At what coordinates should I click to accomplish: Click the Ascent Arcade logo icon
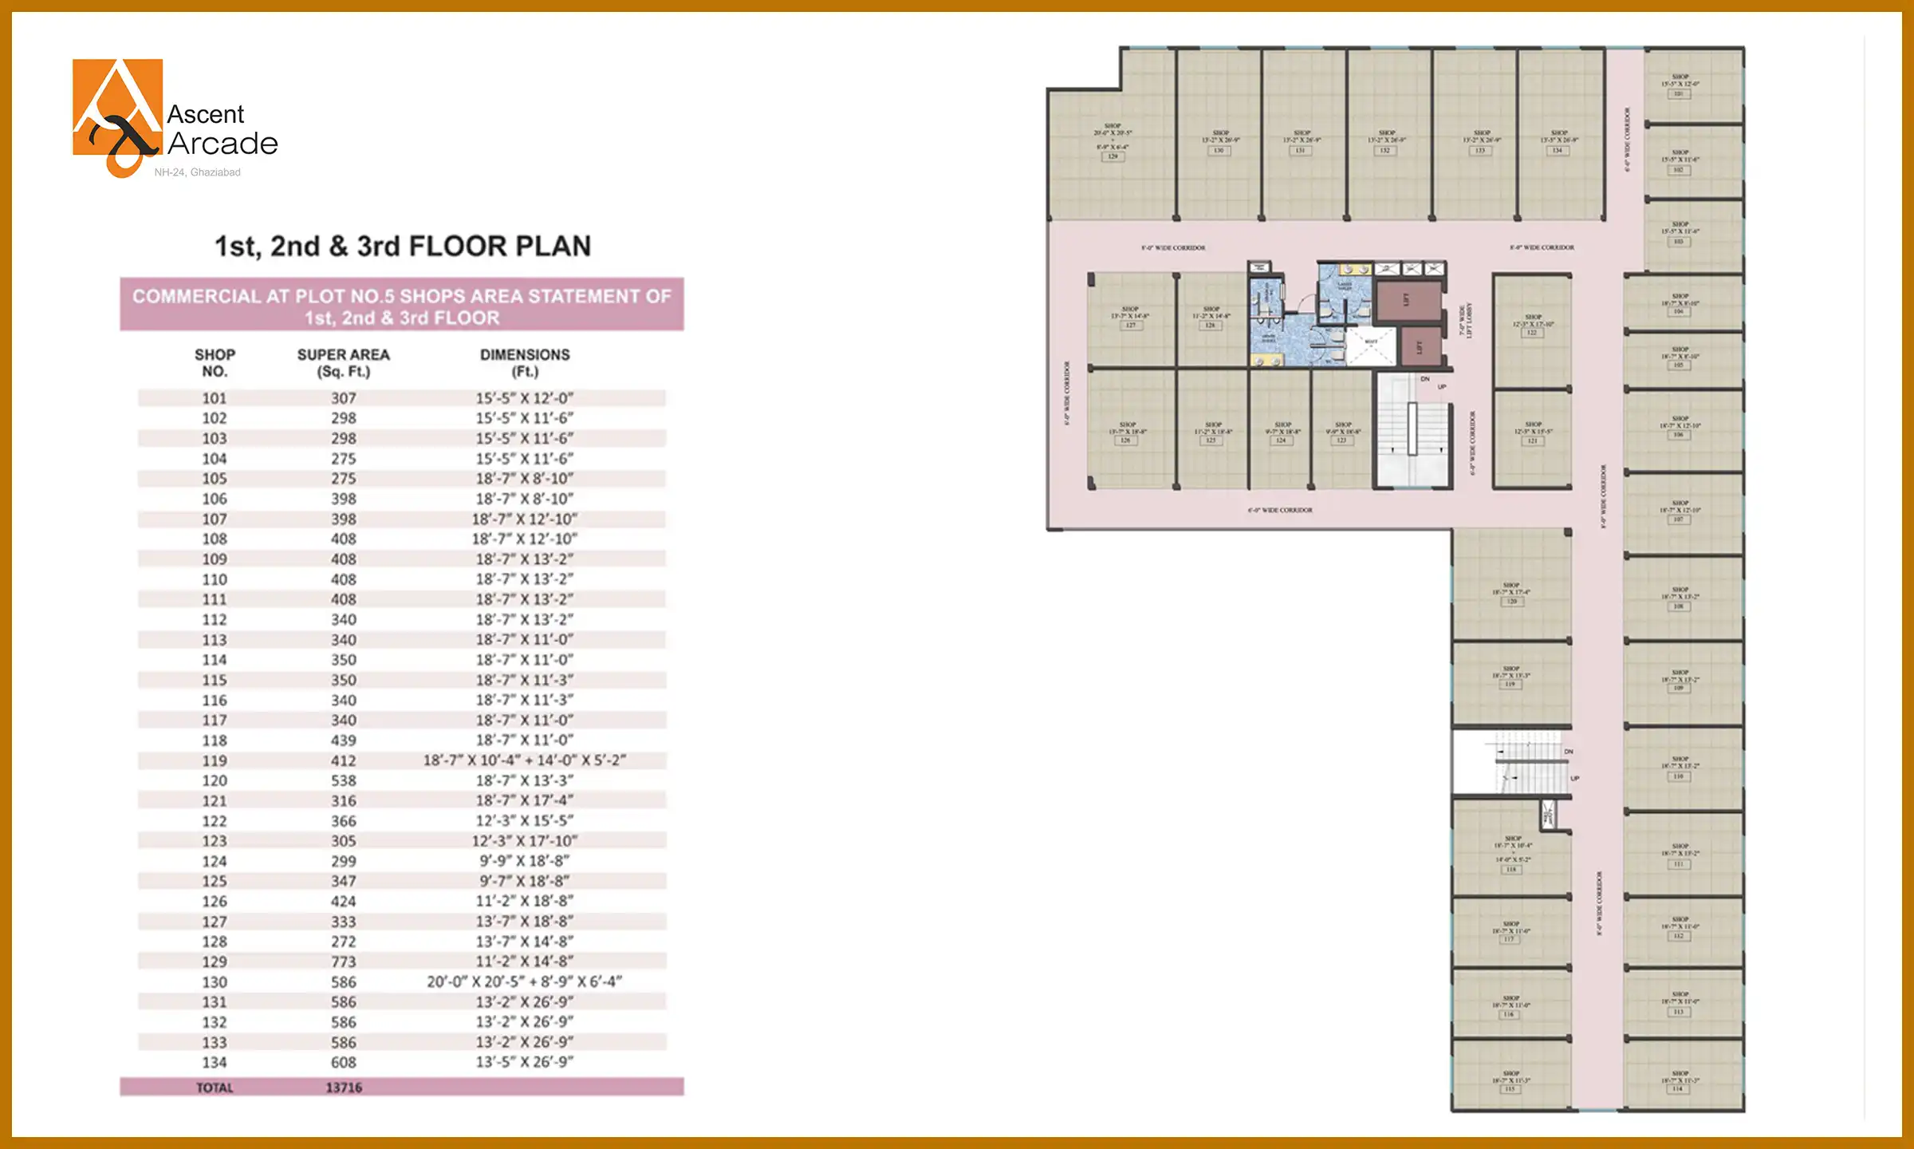pos(118,116)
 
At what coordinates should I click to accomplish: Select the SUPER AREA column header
pos(344,363)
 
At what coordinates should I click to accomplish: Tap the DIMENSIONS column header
pos(525,363)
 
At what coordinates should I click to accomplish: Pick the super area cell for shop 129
pos(344,961)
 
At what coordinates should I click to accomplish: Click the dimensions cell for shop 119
pos(525,760)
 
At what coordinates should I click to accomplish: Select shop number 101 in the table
pos(215,398)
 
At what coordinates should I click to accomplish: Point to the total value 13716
pos(344,1088)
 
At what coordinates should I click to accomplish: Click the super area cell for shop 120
pos(344,780)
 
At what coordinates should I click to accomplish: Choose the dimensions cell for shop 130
pos(525,981)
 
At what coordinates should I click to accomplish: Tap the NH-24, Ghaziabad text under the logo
pos(197,172)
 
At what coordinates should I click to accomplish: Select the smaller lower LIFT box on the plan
pos(1420,347)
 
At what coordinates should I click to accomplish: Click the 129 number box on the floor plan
pos(1113,156)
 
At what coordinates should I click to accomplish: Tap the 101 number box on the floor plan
pos(1679,94)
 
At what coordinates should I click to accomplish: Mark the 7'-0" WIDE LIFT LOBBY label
pos(1466,320)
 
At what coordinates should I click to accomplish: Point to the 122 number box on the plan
pos(1532,333)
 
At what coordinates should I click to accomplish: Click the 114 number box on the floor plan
pos(1678,1088)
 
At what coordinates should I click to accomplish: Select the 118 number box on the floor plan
pos(1511,870)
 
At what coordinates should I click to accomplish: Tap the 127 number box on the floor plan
pos(1130,326)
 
